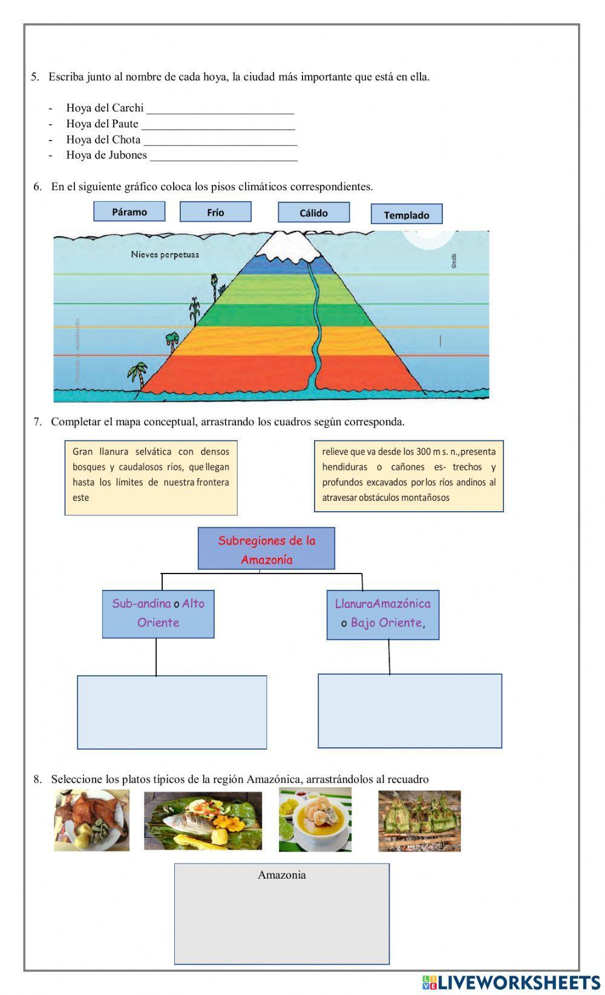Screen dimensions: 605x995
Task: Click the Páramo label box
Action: point(129,211)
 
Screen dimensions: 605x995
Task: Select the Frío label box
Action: point(215,212)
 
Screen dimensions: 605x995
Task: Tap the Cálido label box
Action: point(313,213)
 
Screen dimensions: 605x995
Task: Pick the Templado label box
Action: point(406,214)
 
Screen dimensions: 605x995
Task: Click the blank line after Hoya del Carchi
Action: point(220,109)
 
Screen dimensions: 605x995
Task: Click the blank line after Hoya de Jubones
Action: point(223,156)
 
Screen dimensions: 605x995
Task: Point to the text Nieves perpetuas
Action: point(165,254)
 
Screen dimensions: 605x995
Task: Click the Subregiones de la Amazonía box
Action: point(266,549)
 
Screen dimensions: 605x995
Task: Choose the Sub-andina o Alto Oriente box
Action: point(158,613)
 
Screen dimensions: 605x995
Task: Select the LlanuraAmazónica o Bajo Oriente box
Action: point(383,613)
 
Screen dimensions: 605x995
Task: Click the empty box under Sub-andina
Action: point(172,712)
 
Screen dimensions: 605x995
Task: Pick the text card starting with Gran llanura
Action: point(151,477)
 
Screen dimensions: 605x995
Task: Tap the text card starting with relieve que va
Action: point(408,476)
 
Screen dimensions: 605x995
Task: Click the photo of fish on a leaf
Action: point(203,821)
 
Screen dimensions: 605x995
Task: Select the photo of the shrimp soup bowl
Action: point(315,819)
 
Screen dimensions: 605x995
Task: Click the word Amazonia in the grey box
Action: point(281,874)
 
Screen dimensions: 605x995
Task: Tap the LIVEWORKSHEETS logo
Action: point(511,981)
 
